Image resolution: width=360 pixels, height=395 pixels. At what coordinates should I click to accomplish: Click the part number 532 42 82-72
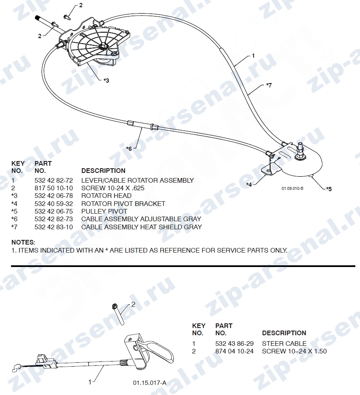point(54,181)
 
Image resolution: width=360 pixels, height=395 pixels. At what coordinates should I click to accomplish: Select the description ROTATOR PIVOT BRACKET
point(123,203)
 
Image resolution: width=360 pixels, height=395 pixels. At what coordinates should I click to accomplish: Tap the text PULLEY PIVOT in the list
point(104,211)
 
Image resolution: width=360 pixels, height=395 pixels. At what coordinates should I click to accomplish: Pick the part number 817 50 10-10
point(54,188)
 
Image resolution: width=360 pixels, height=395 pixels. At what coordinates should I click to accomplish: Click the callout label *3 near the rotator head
point(106,81)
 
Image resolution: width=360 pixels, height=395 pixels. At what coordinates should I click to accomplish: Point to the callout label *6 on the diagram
point(129,149)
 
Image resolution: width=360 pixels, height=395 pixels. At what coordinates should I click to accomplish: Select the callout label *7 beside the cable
point(269,85)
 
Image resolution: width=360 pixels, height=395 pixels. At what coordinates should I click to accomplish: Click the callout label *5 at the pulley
point(329,189)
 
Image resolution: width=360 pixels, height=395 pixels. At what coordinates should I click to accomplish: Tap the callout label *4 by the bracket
point(249,185)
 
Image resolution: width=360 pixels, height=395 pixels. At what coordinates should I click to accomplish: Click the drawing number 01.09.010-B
point(293,189)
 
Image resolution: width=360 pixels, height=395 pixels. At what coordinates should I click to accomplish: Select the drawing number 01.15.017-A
point(150,383)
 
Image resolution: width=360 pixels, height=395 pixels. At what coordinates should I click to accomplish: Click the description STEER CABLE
point(284,344)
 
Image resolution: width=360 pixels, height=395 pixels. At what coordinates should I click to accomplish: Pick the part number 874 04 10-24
point(234,351)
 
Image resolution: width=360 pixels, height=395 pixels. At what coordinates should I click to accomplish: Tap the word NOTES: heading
point(23,242)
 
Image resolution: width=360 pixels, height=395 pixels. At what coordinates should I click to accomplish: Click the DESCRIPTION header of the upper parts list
point(103,170)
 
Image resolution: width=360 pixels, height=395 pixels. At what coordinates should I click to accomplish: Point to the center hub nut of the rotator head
point(103,47)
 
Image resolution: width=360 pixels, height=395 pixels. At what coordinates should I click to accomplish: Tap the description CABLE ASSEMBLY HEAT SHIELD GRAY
point(142,227)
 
